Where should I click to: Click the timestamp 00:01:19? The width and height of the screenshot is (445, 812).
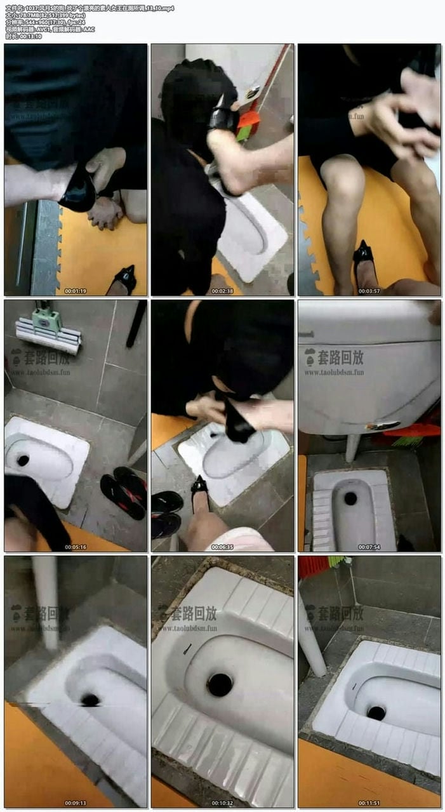click(75, 291)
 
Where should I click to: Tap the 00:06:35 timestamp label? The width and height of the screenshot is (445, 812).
click(222, 547)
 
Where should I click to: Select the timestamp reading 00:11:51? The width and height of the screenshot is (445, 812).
click(369, 802)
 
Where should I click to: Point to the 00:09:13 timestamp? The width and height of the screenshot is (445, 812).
click(75, 802)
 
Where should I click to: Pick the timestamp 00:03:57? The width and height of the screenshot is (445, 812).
click(369, 291)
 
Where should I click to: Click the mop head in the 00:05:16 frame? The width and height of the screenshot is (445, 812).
click(48, 336)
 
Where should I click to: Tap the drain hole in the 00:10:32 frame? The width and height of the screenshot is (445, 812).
click(220, 684)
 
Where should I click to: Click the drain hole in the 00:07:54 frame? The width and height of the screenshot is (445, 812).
click(350, 498)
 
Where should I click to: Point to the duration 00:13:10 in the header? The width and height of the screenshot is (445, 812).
click(28, 36)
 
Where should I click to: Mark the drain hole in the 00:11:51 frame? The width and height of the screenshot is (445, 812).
click(376, 712)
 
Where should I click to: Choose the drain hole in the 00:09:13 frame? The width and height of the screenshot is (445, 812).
click(90, 700)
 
